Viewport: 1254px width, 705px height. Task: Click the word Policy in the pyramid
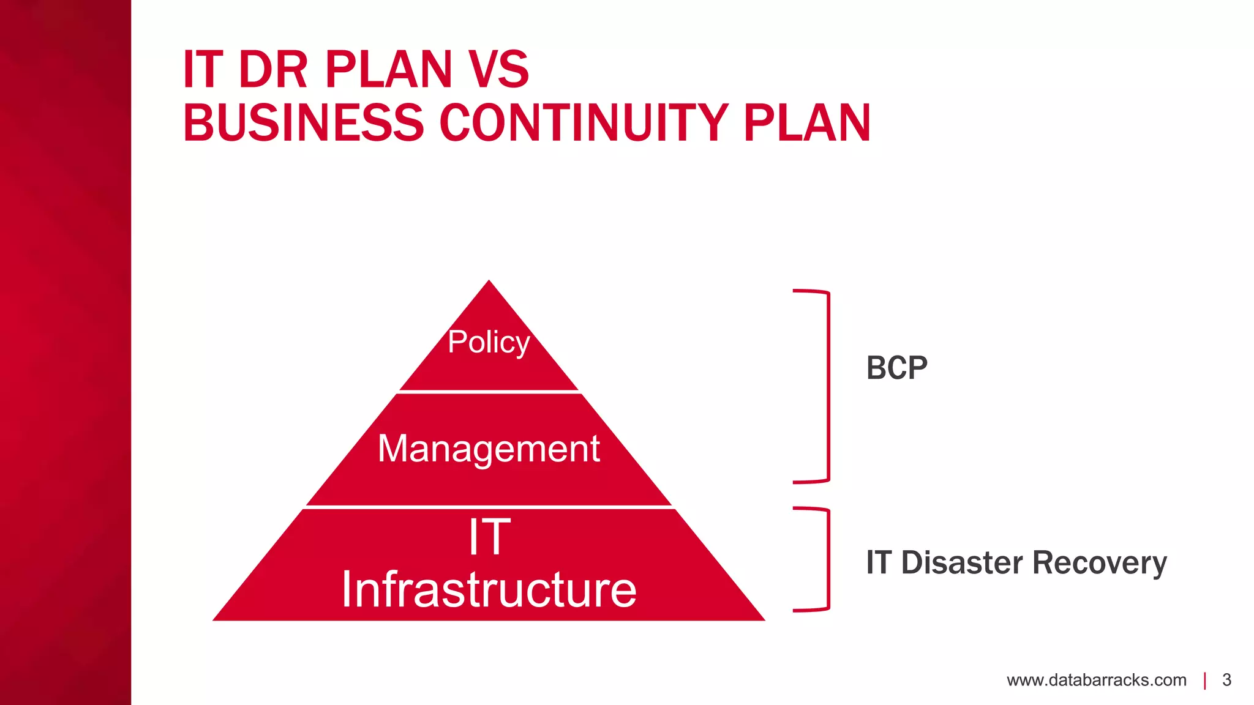tap(489, 342)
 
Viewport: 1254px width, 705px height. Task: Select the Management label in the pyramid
tap(489, 449)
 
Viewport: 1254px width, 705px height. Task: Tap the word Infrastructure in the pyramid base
tap(489, 589)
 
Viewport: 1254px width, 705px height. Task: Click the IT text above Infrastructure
tap(489, 537)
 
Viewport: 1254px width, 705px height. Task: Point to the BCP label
tap(896, 368)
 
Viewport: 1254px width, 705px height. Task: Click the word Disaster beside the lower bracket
tap(962, 562)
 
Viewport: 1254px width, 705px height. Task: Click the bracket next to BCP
tap(827, 386)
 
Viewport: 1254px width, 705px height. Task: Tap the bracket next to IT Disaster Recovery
tap(827, 559)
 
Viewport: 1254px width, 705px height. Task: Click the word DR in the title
tap(273, 70)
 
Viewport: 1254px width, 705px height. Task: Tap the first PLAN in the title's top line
tap(388, 70)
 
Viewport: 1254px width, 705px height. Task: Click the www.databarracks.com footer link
tap(1096, 680)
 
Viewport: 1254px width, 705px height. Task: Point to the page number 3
tap(1226, 680)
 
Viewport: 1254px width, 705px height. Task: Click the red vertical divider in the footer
tap(1205, 681)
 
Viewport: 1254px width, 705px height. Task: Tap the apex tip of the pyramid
tap(489, 283)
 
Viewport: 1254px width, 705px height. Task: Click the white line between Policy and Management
tap(489, 391)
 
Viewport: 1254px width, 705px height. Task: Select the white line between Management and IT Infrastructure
tap(489, 507)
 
